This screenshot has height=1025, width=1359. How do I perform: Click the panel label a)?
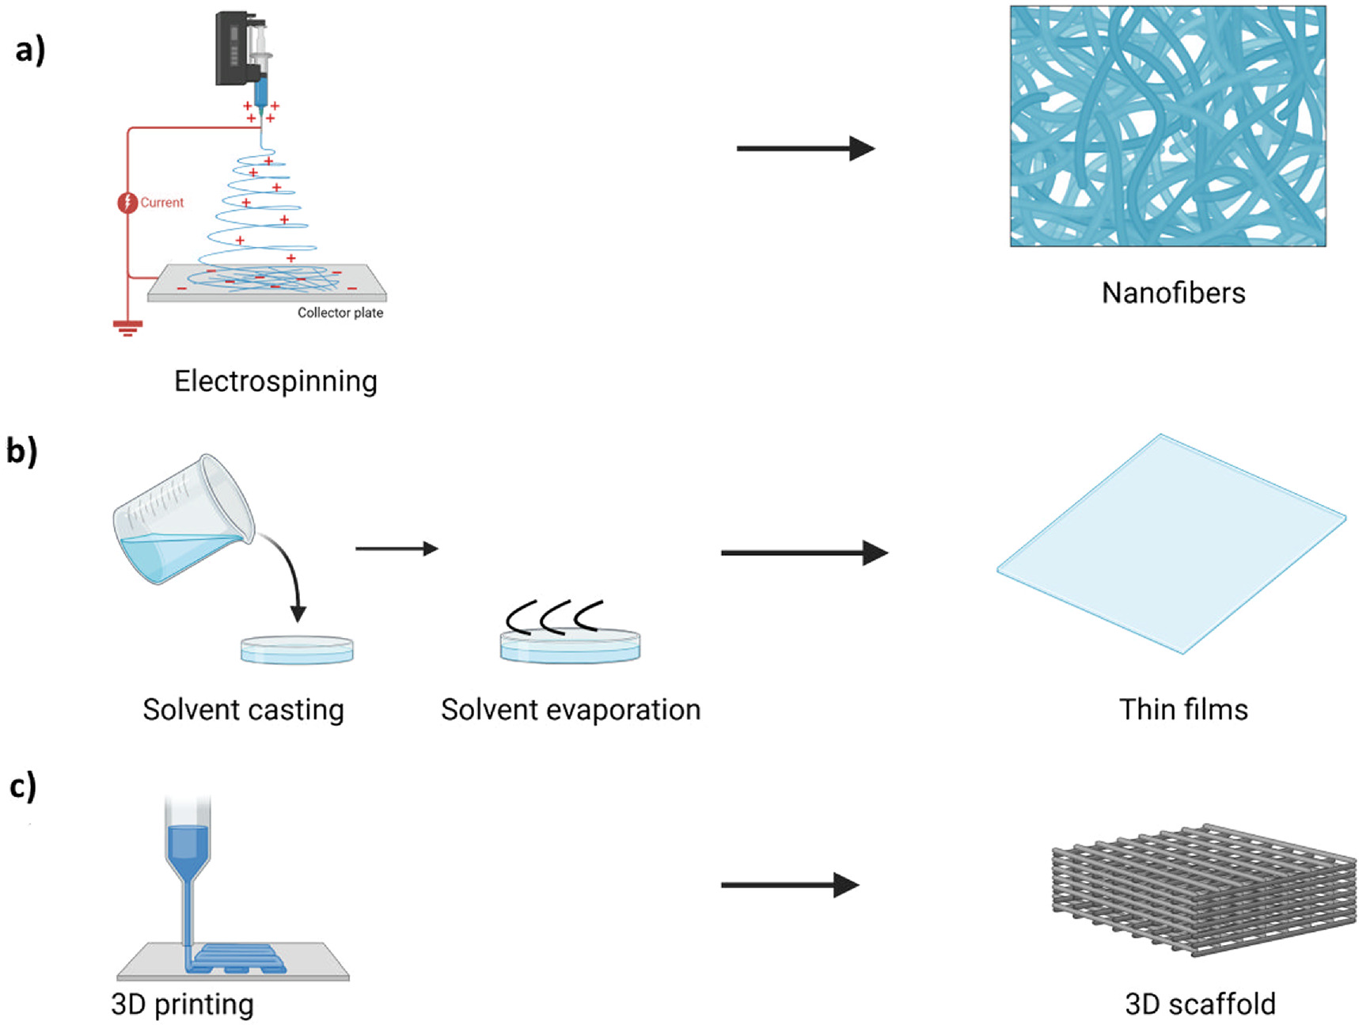30,51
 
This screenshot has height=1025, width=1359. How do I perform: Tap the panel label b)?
22,452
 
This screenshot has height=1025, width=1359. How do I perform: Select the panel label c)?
23,788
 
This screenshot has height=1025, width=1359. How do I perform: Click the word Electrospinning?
275,382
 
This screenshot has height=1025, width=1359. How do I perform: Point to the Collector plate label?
340,313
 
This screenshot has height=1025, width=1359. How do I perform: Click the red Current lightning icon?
127,203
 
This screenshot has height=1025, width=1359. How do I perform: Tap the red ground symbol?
127,326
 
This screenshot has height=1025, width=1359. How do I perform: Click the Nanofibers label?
1173,293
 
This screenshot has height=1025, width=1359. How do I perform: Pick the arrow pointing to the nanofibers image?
805,148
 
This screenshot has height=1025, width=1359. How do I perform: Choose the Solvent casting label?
243,710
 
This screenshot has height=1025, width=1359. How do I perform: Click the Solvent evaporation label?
571,710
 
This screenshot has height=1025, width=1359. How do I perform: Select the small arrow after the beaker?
397,549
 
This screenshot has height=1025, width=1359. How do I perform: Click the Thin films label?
1183,710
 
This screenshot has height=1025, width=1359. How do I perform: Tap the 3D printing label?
183,1004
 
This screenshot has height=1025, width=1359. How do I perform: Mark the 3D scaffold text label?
1200,1004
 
